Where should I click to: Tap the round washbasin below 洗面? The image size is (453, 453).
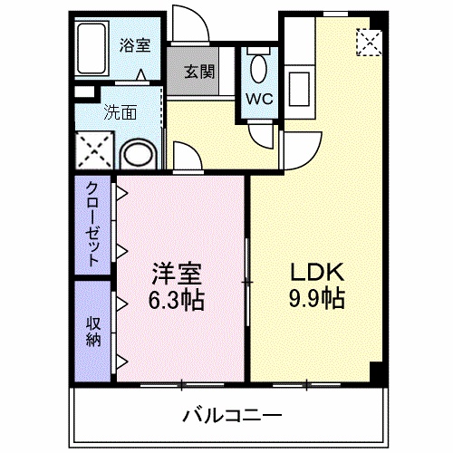point(139,153)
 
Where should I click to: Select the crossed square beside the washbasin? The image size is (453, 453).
point(92,149)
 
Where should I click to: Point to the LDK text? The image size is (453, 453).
point(313,273)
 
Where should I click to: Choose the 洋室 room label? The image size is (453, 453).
point(176,273)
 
